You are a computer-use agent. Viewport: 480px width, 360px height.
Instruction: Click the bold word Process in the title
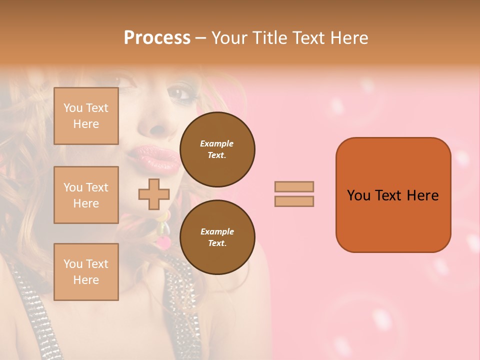pyautogui.click(x=157, y=38)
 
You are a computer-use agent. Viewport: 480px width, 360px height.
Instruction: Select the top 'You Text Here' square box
pyautogui.click(x=86, y=116)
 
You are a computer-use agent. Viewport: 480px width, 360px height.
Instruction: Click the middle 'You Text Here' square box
pyautogui.click(x=86, y=195)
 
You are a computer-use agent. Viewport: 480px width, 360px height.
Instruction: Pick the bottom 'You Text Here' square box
pyautogui.click(x=86, y=271)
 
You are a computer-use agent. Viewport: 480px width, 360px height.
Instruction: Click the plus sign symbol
pyautogui.click(x=154, y=194)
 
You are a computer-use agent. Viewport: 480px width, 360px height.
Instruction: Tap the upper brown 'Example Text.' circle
pyautogui.click(x=217, y=149)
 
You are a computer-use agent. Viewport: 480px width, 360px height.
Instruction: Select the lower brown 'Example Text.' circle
pyautogui.click(x=217, y=237)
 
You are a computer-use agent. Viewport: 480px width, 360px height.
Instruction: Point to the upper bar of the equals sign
pyautogui.click(x=294, y=186)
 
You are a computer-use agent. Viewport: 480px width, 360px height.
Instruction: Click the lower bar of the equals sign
pyautogui.click(x=294, y=201)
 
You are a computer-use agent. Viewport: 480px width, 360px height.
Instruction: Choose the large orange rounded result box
pyautogui.click(x=393, y=194)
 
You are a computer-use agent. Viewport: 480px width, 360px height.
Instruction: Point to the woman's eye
pyautogui.click(x=178, y=92)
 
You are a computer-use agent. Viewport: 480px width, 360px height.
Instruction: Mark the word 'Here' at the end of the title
pyautogui.click(x=350, y=38)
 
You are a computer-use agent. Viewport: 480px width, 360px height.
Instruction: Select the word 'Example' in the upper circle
pyautogui.click(x=217, y=143)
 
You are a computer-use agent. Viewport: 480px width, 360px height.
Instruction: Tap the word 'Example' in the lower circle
pyautogui.click(x=217, y=231)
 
